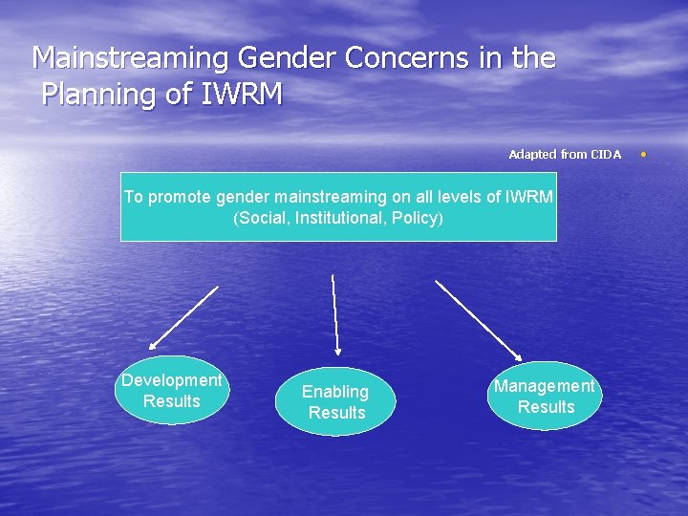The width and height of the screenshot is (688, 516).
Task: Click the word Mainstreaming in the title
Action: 131,59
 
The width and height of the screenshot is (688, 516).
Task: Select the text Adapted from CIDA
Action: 564,154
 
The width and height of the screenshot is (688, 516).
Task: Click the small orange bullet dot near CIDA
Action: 643,153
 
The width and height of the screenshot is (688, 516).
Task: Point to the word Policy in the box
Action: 413,218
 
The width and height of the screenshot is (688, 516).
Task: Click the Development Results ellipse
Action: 172,391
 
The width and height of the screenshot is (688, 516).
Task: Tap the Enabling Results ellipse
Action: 335,402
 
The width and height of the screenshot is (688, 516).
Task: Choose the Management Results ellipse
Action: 545,397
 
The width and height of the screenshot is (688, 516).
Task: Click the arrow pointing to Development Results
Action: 183,317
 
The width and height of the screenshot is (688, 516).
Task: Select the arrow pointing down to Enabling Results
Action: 335,315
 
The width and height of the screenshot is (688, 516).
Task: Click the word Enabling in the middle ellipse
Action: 335,392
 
